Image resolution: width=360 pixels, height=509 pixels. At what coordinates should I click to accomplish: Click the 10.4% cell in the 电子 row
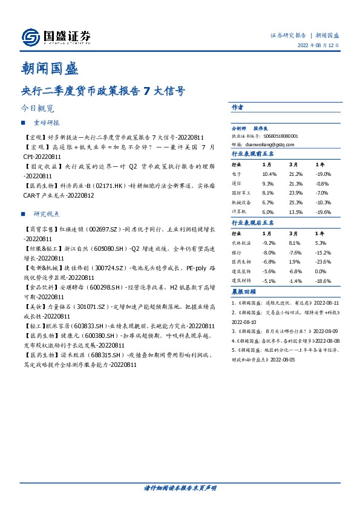tap(269, 173)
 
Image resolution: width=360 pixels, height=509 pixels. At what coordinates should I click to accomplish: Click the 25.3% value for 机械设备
tap(296, 202)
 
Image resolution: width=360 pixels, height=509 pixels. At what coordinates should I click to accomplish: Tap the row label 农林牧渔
tap(241, 242)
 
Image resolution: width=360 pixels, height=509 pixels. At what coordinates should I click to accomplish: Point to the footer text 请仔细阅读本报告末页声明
tap(180, 487)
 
